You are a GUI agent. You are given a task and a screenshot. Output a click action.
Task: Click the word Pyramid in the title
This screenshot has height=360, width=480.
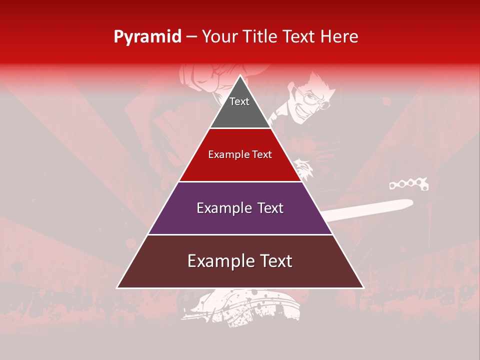coord(147,37)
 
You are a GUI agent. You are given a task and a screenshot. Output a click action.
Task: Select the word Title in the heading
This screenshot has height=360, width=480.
coord(261,37)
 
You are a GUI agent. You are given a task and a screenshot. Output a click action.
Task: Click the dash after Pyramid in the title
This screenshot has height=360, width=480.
coord(191,37)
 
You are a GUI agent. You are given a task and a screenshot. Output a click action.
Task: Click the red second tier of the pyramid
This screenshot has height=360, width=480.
coord(240,167)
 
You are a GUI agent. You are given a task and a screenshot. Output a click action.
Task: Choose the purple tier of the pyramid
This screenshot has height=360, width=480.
coord(240,220)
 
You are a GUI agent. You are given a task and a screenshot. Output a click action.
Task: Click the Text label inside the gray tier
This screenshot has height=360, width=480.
coord(239,101)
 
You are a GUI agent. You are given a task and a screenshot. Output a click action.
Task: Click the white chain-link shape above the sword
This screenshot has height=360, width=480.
coord(409,185)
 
